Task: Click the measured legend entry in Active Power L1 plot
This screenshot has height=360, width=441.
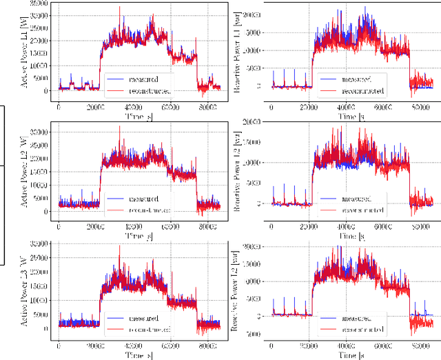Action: (142, 79)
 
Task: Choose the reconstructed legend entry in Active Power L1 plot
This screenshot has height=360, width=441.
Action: (145, 90)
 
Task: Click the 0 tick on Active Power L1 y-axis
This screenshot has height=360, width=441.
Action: (47, 91)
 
